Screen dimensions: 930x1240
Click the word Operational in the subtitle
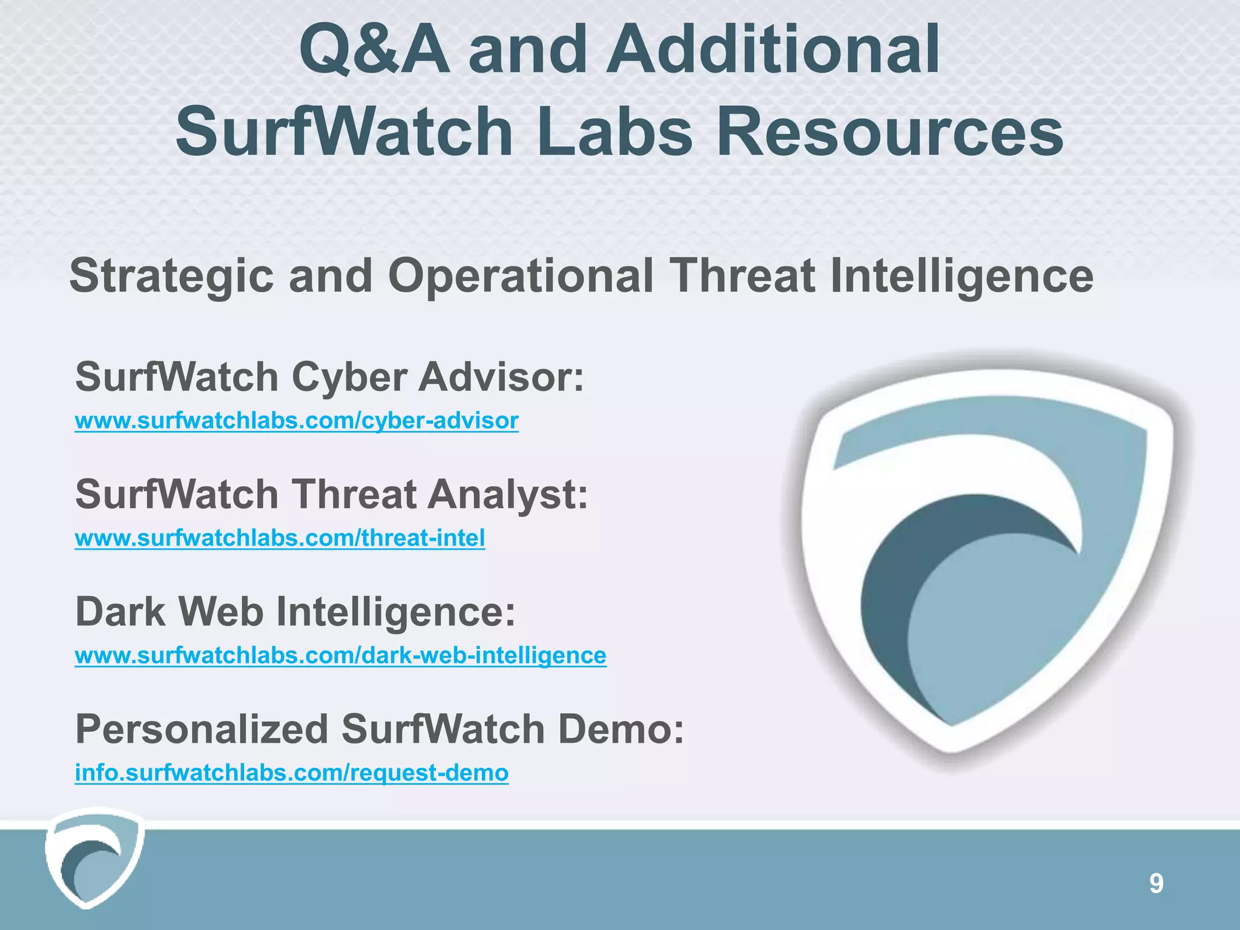point(521,276)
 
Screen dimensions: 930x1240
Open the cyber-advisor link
point(297,421)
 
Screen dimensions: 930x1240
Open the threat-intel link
point(280,538)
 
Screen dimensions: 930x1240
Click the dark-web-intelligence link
point(340,656)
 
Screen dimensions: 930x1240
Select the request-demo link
point(291,773)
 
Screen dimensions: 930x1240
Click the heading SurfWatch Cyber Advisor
point(329,377)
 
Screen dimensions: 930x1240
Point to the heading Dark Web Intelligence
point(295,612)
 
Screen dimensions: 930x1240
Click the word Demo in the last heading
point(620,729)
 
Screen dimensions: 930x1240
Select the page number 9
point(1156,884)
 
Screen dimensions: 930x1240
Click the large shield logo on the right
point(987,557)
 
